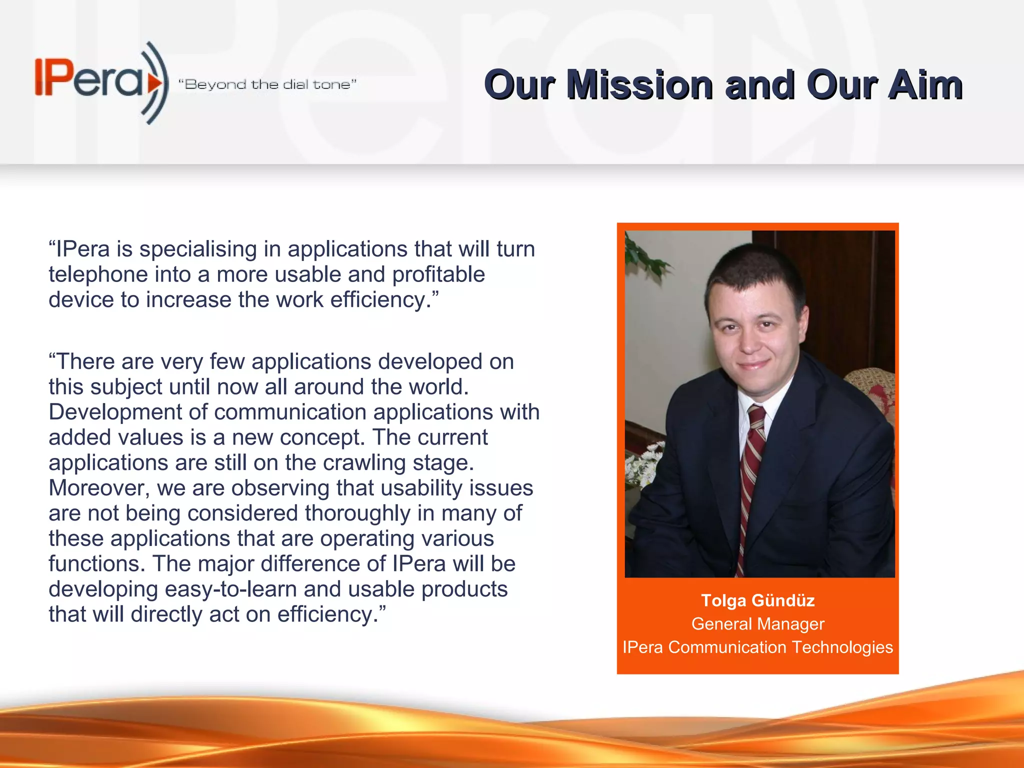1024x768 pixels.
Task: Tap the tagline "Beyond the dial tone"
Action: pyautogui.click(x=267, y=84)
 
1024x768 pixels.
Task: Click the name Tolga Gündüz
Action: pyautogui.click(x=757, y=600)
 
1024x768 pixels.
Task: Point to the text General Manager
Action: pyautogui.click(x=757, y=623)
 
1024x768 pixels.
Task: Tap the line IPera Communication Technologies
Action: pyautogui.click(x=757, y=647)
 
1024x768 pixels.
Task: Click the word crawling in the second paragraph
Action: pyautogui.click(x=364, y=462)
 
